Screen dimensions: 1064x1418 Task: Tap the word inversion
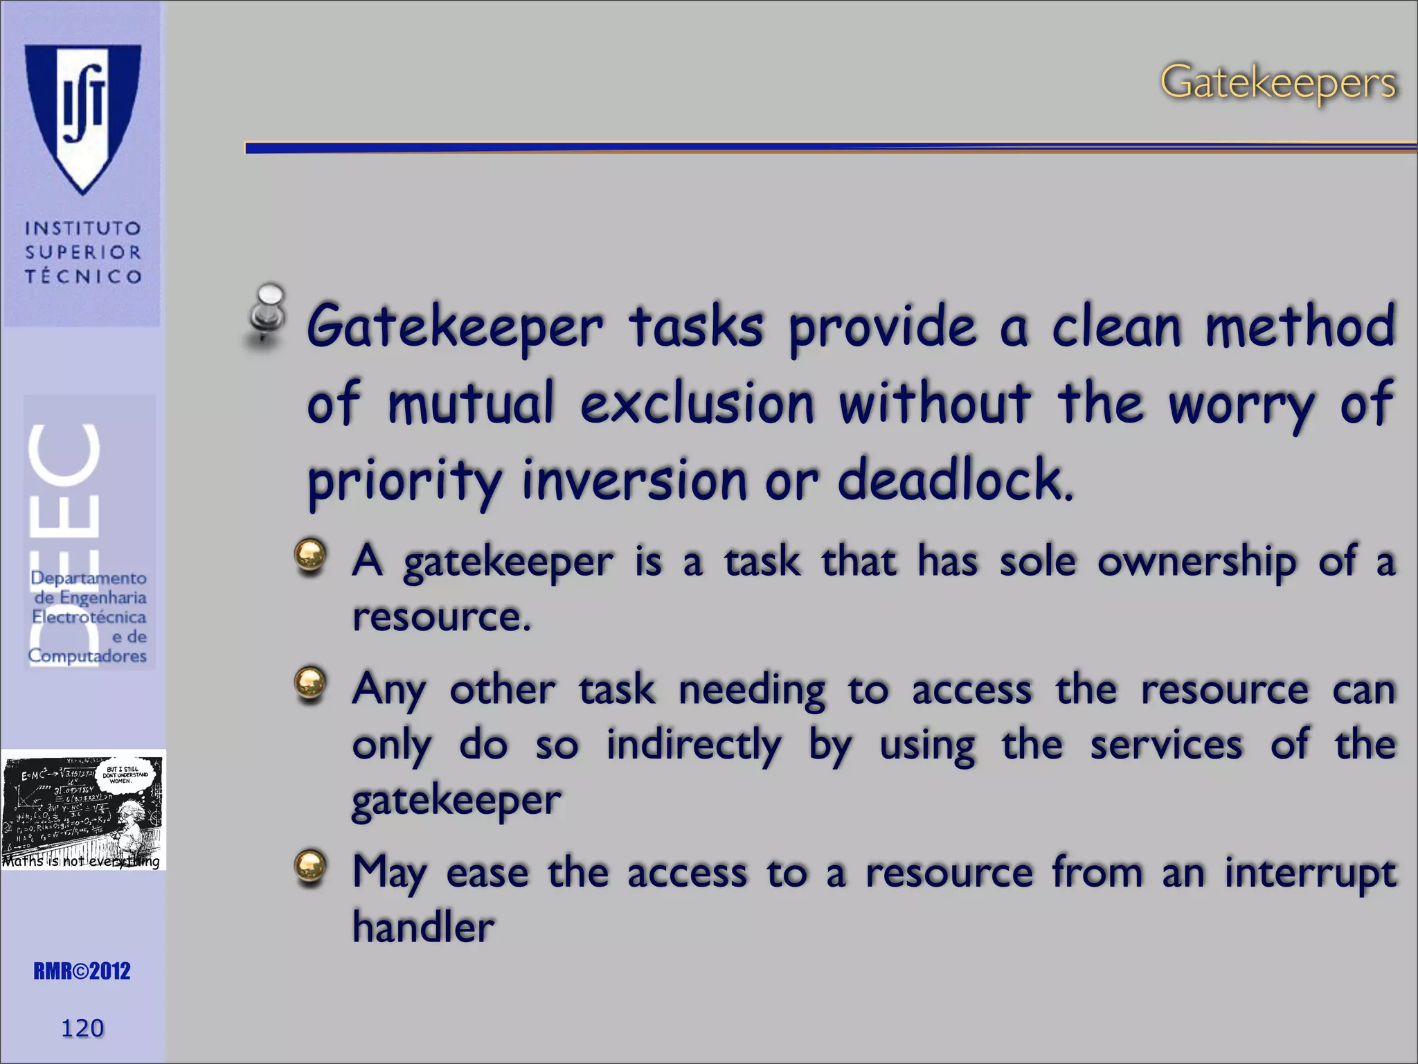[x=634, y=480]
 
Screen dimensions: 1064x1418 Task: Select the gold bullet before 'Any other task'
[x=310, y=684]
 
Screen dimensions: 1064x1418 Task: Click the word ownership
[x=1196, y=561]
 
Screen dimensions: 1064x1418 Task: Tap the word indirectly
[x=694, y=745]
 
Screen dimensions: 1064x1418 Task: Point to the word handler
[x=424, y=927]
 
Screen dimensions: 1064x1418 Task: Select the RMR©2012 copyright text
[x=82, y=971]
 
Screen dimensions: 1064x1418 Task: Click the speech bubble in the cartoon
[x=125, y=774]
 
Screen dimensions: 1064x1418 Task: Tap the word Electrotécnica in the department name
[x=89, y=617]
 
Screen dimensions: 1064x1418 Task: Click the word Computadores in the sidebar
[x=87, y=655]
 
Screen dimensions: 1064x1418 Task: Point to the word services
[x=1166, y=745]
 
